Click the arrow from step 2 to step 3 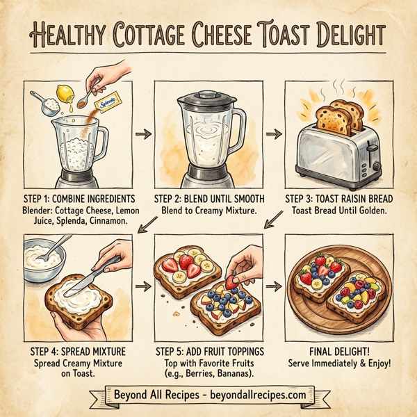pyautogui.click(x=272, y=132)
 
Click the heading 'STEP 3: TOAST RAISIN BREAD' pyautogui.click(x=338, y=197)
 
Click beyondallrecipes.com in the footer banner pyautogui.click(x=254, y=395)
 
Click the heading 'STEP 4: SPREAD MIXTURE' pyautogui.click(x=76, y=350)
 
